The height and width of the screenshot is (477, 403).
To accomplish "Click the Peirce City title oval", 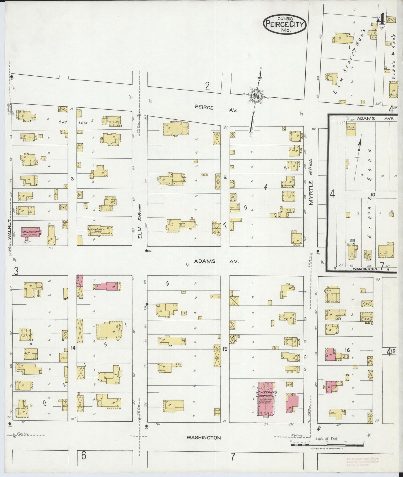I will pos(284,24).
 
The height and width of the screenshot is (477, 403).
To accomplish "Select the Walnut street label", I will pos(9,228).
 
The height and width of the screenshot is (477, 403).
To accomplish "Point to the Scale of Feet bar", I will pos(327,445).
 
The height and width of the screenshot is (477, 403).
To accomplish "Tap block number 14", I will pos(73,348).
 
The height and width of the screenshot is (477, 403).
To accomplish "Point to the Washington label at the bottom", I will pos(204,437).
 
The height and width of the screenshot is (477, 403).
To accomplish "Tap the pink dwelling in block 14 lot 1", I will pos(107,286).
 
